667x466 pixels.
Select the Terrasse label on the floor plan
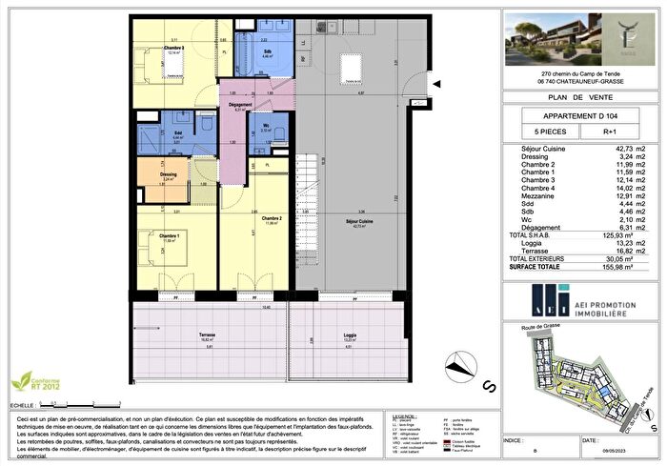[208, 335]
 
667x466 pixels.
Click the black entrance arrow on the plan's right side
[435, 85]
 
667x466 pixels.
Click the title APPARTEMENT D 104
[573, 115]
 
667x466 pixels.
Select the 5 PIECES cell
[539, 133]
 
